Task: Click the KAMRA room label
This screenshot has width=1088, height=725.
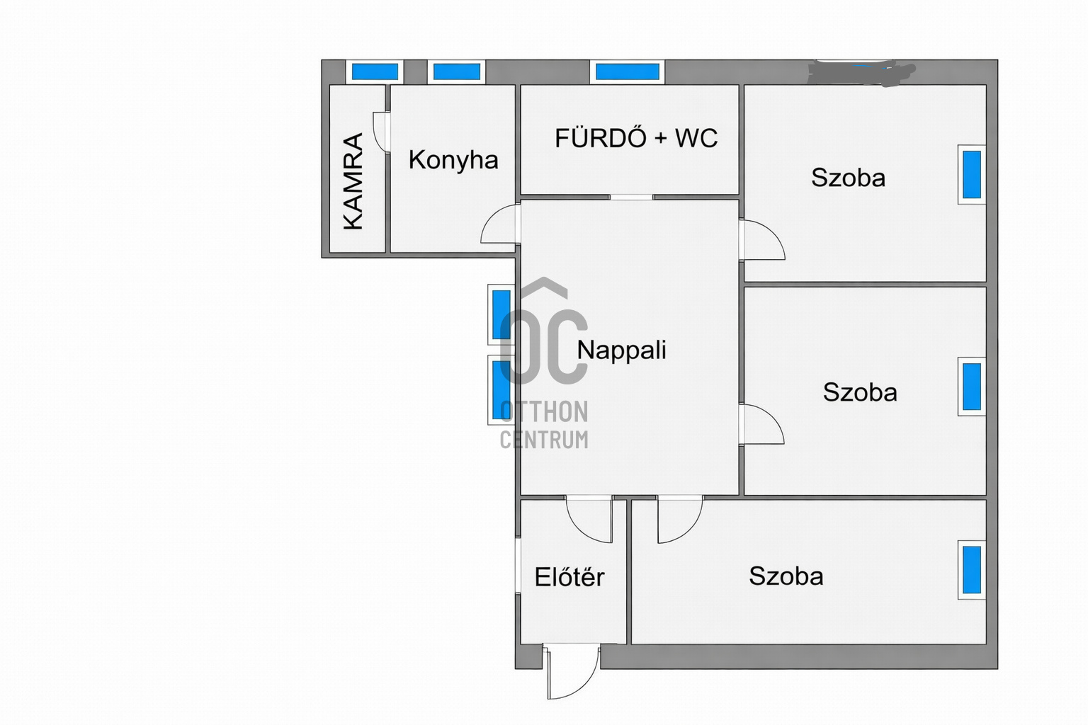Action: pyautogui.click(x=353, y=182)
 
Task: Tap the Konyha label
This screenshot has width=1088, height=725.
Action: pyautogui.click(x=453, y=161)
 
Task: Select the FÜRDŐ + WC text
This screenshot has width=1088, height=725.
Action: pyautogui.click(x=636, y=138)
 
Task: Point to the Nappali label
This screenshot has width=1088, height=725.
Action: pyautogui.click(x=622, y=351)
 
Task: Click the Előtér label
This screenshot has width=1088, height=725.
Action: pyautogui.click(x=569, y=577)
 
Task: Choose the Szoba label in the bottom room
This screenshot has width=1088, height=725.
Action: pyautogui.click(x=786, y=576)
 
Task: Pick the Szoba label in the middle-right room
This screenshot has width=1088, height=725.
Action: pyautogui.click(x=860, y=392)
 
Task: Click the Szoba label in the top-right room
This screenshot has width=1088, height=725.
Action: pyautogui.click(x=848, y=178)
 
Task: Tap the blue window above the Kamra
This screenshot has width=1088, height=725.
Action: pyautogui.click(x=375, y=72)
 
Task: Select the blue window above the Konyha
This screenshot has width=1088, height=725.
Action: pyautogui.click(x=457, y=72)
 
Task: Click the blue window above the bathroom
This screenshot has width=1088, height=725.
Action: pyautogui.click(x=628, y=72)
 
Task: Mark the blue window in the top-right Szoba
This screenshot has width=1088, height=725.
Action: pyautogui.click(x=972, y=175)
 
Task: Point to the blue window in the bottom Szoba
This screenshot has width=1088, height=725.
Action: pyautogui.click(x=972, y=570)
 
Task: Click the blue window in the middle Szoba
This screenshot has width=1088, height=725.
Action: pyautogui.click(x=972, y=387)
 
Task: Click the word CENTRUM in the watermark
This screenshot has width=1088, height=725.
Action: pyautogui.click(x=544, y=440)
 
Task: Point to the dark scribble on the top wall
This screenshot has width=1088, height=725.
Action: pyautogui.click(x=860, y=74)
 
